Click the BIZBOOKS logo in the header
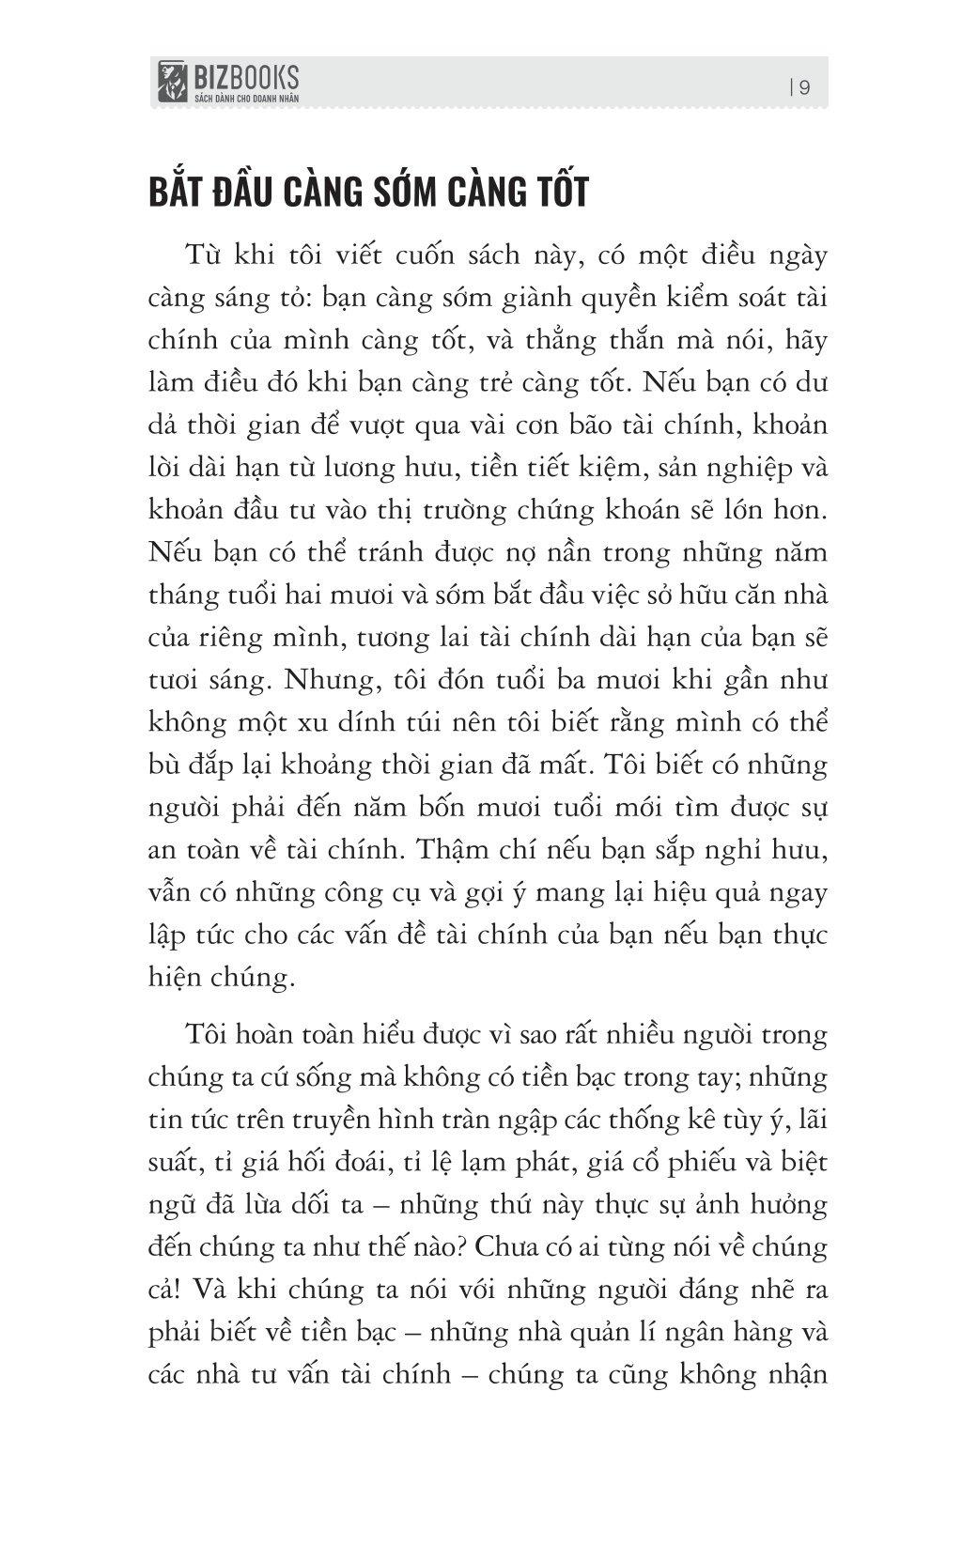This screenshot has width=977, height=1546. coord(228,82)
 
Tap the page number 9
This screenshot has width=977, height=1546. coord(805,87)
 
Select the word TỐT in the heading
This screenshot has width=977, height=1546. coord(554,192)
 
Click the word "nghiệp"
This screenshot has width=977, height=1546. coord(730,469)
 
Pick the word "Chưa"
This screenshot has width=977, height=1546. coord(510,1247)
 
